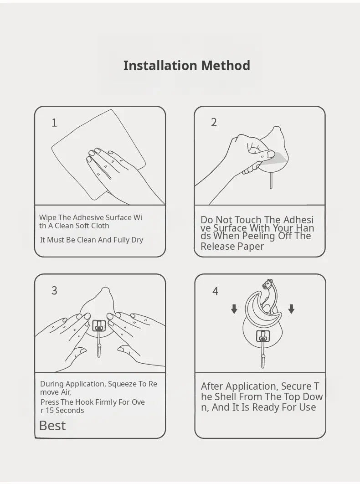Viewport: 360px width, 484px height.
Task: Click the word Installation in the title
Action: (160, 66)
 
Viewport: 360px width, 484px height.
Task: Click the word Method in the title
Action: (226, 66)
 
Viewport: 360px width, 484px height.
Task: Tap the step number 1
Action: (54, 123)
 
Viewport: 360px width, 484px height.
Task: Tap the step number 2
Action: (214, 122)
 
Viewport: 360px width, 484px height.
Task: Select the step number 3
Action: (54, 290)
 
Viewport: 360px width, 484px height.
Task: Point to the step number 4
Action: (215, 291)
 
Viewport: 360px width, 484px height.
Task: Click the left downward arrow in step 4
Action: (234, 309)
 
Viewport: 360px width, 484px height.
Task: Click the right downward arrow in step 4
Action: (291, 309)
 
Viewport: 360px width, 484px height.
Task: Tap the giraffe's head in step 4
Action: (267, 283)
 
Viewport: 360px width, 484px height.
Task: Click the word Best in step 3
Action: (52, 426)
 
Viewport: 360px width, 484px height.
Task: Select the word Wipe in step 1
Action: (48, 217)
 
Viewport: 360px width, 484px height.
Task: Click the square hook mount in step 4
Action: (262, 337)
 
